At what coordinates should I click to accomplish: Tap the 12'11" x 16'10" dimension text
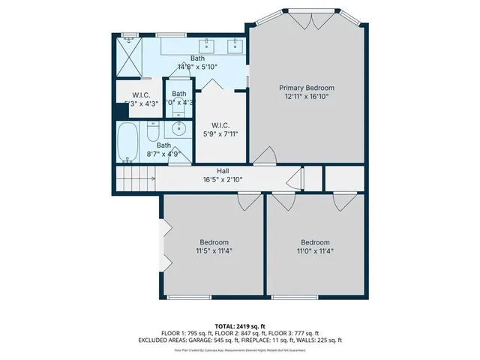tap(309, 97)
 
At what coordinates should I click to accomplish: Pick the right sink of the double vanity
tap(235, 46)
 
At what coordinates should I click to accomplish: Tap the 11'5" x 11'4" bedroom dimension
tap(214, 251)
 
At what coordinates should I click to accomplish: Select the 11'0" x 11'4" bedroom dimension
tap(315, 251)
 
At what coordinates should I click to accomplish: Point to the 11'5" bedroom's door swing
tap(247, 200)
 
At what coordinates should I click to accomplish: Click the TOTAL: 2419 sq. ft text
tap(240, 325)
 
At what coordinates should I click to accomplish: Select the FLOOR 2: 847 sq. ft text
tap(240, 332)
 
